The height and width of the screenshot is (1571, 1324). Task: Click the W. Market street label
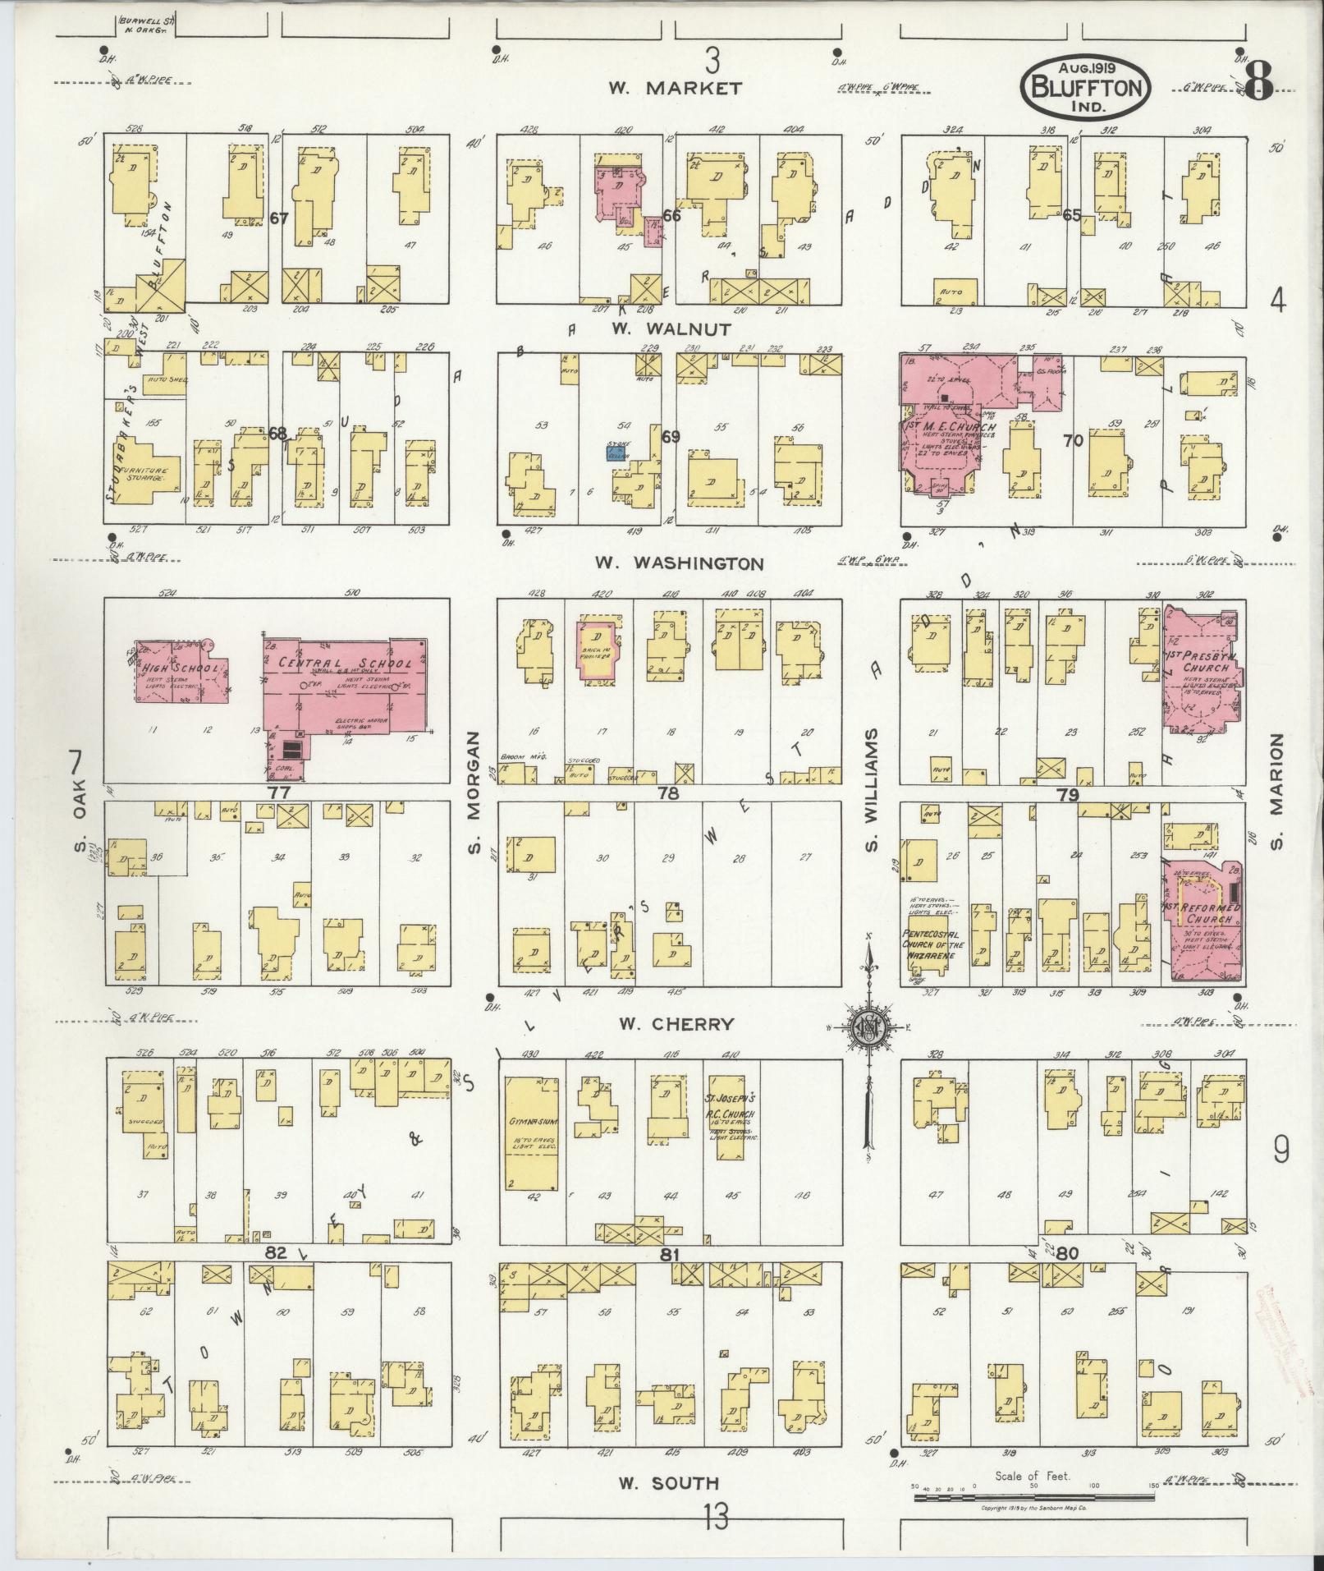click(676, 89)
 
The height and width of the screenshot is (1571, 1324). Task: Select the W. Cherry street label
click(676, 1023)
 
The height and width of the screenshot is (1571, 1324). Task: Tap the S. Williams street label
click(871, 789)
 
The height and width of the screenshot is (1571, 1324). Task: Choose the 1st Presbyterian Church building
click(1203, 669)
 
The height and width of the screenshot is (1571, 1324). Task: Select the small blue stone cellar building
click(618, 452)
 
